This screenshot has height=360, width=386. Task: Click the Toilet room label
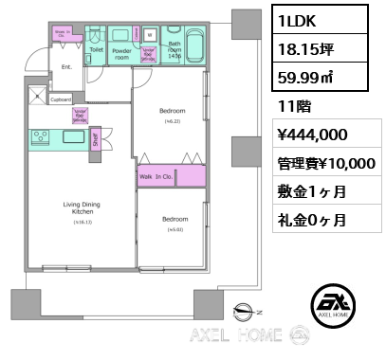tap(96, 48)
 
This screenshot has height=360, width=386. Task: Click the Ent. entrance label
tap(66, 67)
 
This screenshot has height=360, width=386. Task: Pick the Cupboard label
tap(60, 99)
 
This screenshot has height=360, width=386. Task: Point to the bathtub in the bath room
tap(193, 45)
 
